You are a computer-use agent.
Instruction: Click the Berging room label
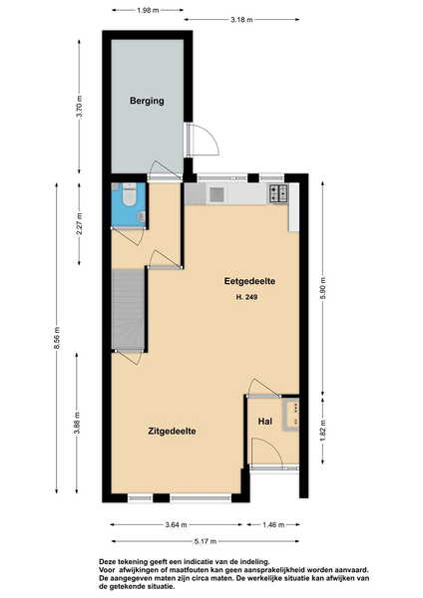[x=147, y=101]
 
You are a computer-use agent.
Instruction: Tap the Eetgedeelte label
[x=249, y=281]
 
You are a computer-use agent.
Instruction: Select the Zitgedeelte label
[x=173, y=432]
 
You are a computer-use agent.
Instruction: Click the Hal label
[x=265, y=422]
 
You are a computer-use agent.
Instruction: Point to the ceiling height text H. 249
[x=247, y=297]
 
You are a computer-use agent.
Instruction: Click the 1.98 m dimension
[x=148, y=10]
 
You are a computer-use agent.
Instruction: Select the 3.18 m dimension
[x=241, y=20]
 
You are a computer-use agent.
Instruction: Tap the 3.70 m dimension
[x=79, y=107]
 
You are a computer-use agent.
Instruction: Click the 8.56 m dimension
[x=57, y=338]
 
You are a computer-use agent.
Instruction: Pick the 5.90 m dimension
[x=322, y=288]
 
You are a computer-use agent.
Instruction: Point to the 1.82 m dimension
[x=322, y=431]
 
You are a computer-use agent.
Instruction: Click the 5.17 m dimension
[x=206, y=541]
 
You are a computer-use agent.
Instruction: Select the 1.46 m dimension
[x=273, y=525]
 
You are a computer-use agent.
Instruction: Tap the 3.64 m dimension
[x=176, y=525]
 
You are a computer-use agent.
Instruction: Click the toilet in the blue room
[x=128, y=194]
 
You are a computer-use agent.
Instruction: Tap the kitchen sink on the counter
[x=216, y=194]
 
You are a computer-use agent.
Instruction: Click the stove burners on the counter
[x=279, y=193]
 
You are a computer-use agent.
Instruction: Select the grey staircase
[x=128, y=310]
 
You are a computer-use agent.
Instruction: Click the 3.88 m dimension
[x=77, y=423]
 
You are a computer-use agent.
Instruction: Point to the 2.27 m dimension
[x=79, y=224]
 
